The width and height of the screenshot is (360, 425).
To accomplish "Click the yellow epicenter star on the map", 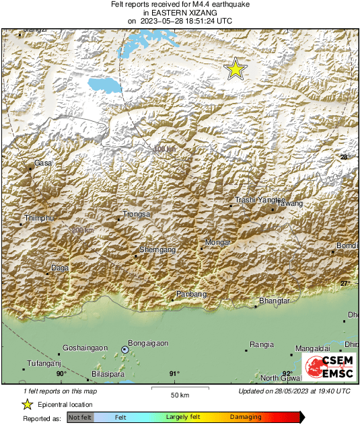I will (x=235, y=69).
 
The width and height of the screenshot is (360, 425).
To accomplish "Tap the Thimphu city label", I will (x=38, y=219).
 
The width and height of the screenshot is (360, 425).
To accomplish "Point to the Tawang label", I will (x=291, y=203).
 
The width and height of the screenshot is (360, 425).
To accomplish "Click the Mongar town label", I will (x=218, y=242).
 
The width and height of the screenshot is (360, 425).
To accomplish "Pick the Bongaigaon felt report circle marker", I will (x=124, y=349).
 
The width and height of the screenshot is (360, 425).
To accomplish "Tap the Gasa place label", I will (x=43, y=163).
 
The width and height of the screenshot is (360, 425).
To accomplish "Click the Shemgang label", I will (x=157, y=249).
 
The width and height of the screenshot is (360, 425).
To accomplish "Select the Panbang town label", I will (x=190, y=295).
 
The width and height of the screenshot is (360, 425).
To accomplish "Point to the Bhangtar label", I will (x=274, y=301).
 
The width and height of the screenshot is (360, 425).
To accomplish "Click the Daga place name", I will (x=61, y=268).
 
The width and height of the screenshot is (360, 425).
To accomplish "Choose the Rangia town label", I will (x=261, y=344).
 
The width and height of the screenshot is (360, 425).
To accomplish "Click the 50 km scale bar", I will (x=178, y=388).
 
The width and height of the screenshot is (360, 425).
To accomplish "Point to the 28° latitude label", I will (x=345, y=157).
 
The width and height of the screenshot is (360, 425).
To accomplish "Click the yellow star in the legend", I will (x=27, y=404).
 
